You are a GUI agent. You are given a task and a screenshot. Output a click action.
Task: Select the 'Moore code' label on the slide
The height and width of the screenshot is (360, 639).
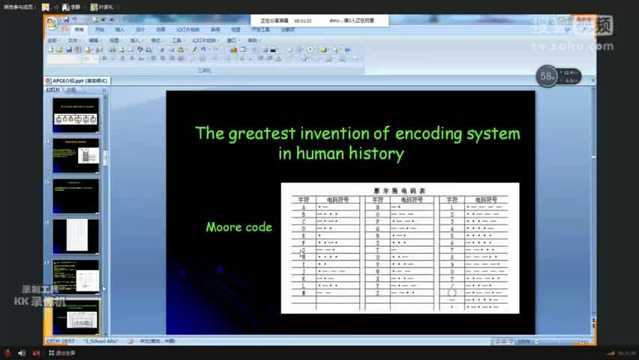tap(238, 226)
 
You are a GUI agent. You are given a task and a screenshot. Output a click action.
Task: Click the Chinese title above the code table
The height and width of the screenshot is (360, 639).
tap(400, 190)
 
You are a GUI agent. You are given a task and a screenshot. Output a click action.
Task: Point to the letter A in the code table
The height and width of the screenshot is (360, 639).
tap(304, 207)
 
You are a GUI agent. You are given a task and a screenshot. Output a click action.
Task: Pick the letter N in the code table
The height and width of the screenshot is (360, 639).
tap(377, 207)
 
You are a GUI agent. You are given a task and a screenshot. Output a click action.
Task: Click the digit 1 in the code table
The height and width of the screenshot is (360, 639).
tap(451, 207)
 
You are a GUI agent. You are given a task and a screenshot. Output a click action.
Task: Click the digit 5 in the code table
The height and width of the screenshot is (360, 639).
tap(451, 235)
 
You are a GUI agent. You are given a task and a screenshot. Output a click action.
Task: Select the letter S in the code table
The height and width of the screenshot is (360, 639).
tap(377, 243)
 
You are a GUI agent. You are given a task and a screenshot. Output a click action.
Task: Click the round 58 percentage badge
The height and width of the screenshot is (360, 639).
tap(547, 76)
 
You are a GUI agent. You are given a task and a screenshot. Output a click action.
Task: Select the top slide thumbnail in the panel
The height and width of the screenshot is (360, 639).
tap(76, 115)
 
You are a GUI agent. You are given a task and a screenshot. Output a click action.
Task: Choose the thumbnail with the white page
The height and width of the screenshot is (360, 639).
tap(76, 235)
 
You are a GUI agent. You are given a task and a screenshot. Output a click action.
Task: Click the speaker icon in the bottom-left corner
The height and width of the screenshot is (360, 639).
tap(21, 352)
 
